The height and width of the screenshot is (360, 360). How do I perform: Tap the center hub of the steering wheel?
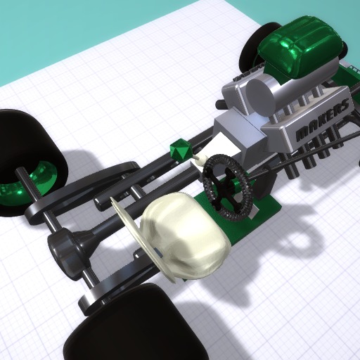(x=228, y=185)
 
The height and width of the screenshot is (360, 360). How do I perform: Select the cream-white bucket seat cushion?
(x=185, y=234)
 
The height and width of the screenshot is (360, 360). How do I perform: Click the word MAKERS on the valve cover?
(x=322, y=121)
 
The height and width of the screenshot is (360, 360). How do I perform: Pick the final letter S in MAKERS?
(x=345, y=104)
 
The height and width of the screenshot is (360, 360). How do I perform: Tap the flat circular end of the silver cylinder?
(x=261, y=96)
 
